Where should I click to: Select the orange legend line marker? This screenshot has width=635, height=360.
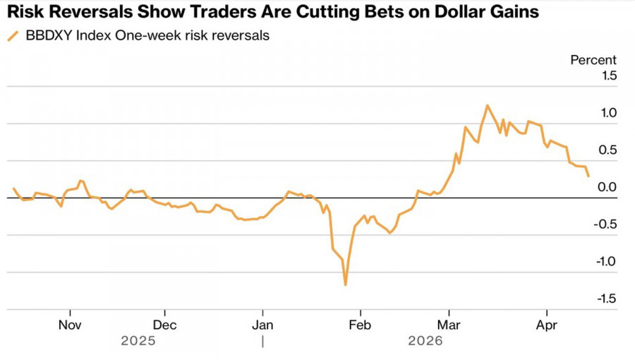13,36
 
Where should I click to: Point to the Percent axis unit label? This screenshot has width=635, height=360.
593,60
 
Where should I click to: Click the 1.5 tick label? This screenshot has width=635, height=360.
607,76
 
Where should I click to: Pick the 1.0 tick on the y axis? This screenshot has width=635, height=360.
607,113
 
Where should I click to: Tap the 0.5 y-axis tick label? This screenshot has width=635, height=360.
607,150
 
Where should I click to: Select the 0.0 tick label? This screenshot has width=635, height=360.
607,187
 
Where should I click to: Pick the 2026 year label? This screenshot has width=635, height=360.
425,341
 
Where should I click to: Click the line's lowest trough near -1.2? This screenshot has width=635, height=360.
345,284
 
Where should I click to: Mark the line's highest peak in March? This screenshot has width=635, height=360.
487,105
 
